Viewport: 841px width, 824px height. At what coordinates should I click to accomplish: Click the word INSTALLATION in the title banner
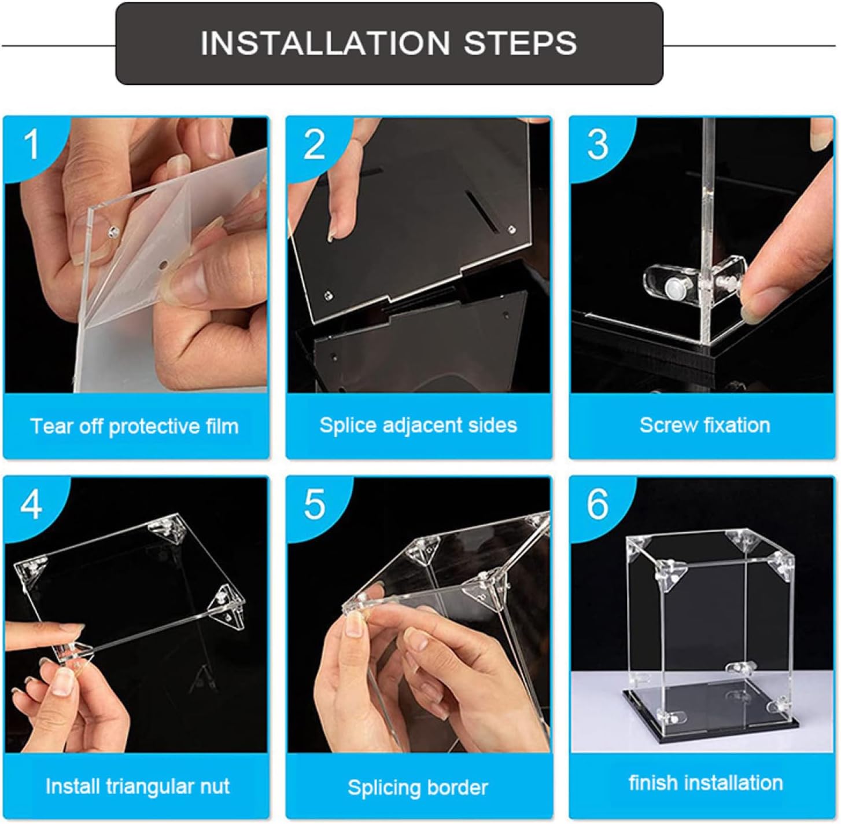coord(325,43)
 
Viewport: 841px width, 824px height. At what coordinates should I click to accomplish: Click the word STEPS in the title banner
coord(520,43)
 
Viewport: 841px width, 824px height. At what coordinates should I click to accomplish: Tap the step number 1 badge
coord(31,145)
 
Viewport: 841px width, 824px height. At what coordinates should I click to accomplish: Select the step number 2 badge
coord(314,145)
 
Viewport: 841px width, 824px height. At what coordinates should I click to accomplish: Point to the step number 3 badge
coord(597,145)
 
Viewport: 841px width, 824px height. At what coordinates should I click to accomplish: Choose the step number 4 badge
coord(31,505)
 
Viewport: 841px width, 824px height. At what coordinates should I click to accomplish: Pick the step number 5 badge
coord(314,505)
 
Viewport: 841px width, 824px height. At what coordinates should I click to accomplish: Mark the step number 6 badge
coord(597,505)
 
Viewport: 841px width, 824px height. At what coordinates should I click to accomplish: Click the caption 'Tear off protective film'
coord(134,426)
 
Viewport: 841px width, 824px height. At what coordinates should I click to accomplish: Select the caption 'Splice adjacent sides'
coord(418,426)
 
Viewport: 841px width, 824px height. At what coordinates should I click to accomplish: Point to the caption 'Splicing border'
coord(418,788)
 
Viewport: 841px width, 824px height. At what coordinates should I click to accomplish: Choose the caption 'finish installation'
coord(706,783)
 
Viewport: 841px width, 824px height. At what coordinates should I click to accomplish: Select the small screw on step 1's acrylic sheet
coord(113,231)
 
